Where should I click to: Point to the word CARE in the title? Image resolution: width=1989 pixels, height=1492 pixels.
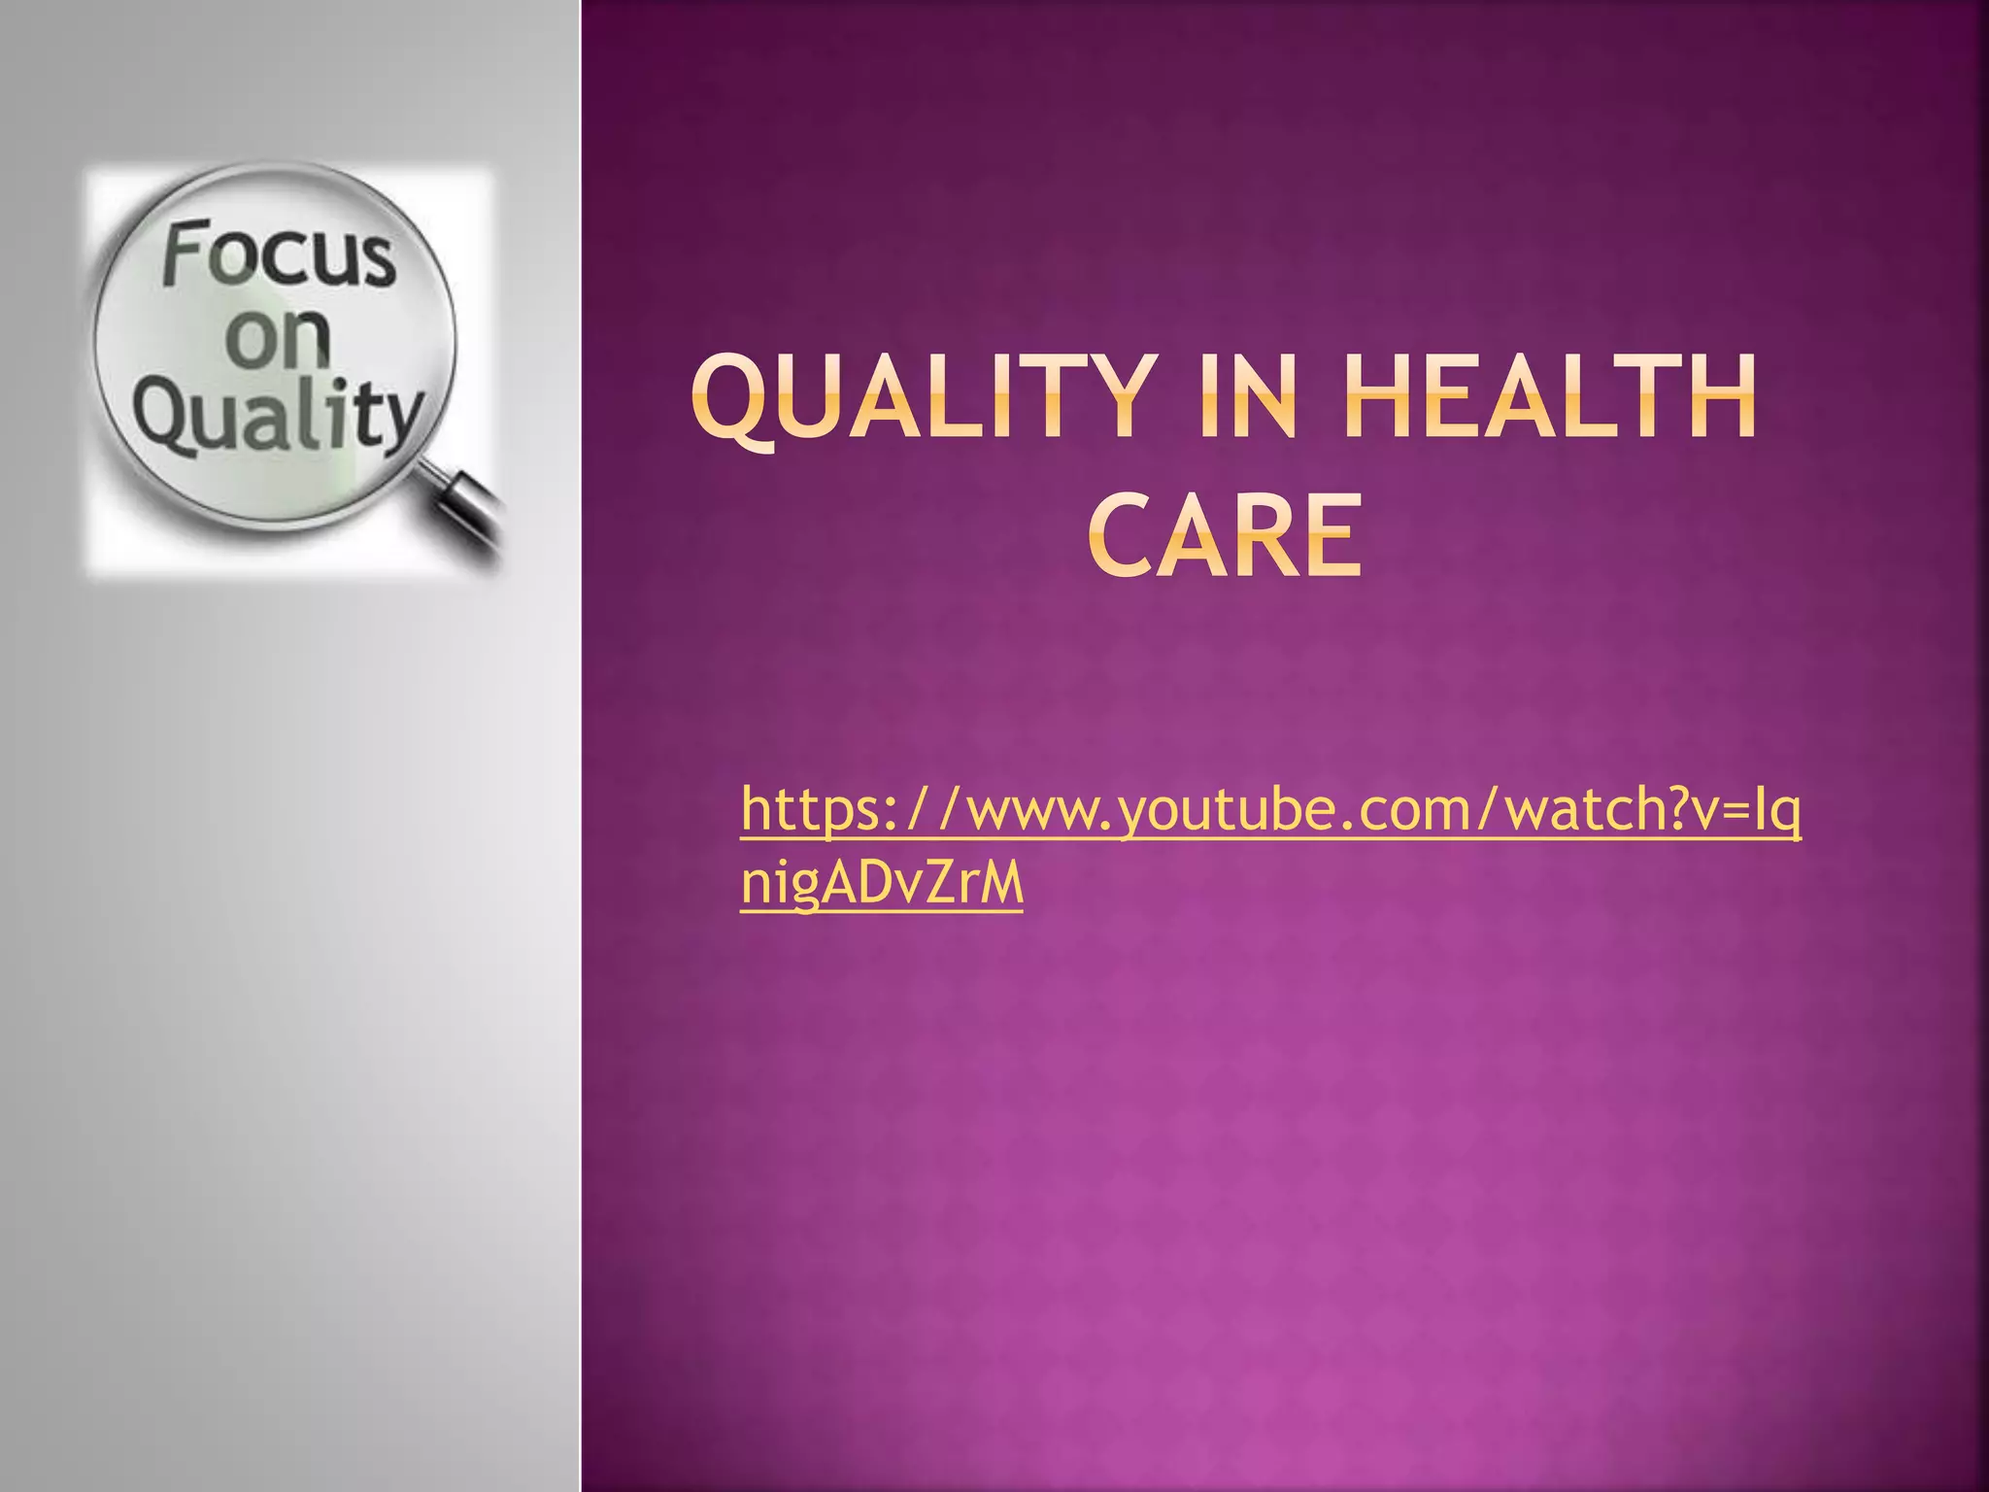point(1224,535)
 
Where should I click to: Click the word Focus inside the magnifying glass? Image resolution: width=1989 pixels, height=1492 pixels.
point(280,254)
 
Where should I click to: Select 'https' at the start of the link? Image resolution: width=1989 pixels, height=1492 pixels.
point(810,811)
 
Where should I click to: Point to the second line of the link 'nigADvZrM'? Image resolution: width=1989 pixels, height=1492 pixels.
point(882,885)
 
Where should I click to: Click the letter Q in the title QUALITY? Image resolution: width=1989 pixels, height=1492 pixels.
point(734,400)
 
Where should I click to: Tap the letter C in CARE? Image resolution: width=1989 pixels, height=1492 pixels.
point(1119,535)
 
